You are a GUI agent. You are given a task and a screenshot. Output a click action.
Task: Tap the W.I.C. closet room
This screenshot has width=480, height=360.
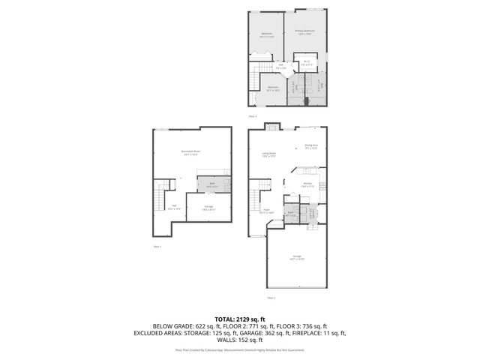coord(307,64)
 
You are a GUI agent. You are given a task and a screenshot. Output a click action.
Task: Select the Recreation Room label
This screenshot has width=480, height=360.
coord(190,152)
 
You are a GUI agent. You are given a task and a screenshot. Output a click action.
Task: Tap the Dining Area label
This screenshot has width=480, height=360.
coord(311,146)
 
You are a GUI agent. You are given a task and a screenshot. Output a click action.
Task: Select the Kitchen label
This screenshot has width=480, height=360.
coord(307,184)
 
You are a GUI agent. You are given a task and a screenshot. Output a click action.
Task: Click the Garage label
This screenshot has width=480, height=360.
coord(297,257)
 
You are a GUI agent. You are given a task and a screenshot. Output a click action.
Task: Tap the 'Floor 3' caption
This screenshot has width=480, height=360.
coord(253,116)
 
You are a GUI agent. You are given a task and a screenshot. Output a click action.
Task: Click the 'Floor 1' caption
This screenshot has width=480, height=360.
coord(157,246)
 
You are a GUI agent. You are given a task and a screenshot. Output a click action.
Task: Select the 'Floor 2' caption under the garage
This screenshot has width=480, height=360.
coord(271,298)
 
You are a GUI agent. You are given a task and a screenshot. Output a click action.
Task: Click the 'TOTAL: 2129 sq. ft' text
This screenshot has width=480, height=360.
coord(239,319)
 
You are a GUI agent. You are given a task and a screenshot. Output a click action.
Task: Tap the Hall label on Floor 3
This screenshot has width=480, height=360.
coord(281,66)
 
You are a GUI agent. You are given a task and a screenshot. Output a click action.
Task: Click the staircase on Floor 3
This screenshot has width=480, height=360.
coord(257,79)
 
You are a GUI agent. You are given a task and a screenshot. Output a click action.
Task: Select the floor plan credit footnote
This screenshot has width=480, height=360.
coord(239,350)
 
